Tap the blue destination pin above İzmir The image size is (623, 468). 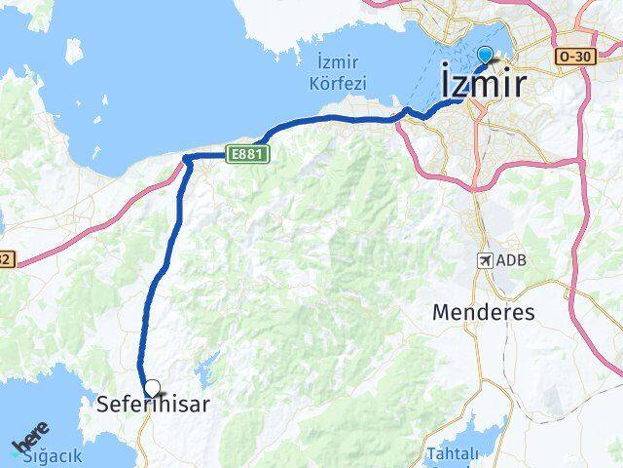486,57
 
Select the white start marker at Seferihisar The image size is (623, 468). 151,387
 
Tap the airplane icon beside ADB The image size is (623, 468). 485,260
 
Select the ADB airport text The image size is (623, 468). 508,261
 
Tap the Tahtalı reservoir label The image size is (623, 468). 452,454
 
